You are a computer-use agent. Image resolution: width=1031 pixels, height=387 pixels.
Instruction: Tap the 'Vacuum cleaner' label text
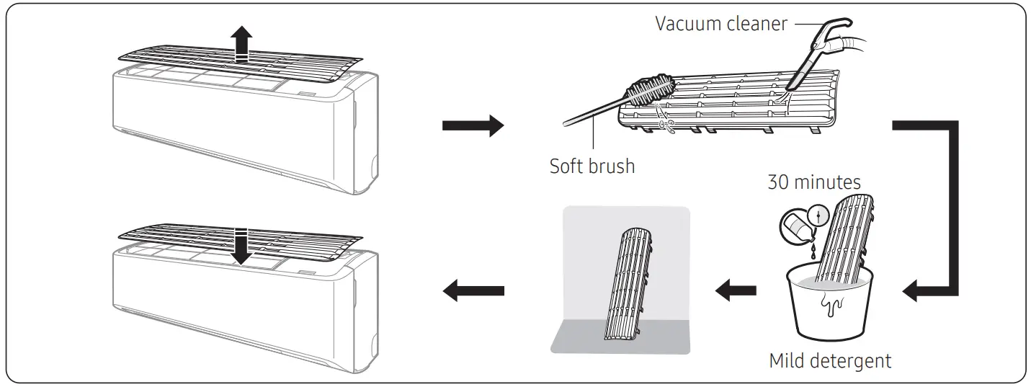[720, 23]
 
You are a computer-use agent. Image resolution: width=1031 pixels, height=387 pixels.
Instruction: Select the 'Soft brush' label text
[592, 166]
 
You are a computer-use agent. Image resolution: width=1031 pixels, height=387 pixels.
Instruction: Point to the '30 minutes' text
[813, 182]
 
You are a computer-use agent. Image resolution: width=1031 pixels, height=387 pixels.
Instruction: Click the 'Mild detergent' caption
[830, 360]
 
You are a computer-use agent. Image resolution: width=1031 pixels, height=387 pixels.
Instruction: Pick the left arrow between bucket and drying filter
[735, 291]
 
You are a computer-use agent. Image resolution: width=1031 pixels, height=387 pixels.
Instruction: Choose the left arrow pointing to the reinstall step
[472, 291]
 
